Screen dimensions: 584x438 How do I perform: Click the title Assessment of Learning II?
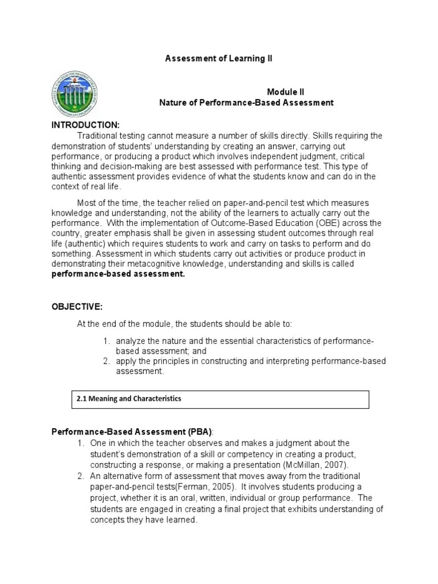point(214,59)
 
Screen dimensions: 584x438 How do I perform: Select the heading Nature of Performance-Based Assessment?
point(246,103)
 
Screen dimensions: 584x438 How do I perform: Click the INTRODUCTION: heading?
point(85,125)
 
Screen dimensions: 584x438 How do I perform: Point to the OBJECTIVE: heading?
point(77,307)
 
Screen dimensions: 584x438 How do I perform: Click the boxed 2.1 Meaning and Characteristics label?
point(128,399)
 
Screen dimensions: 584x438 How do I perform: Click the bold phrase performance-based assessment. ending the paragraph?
point(119,274)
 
